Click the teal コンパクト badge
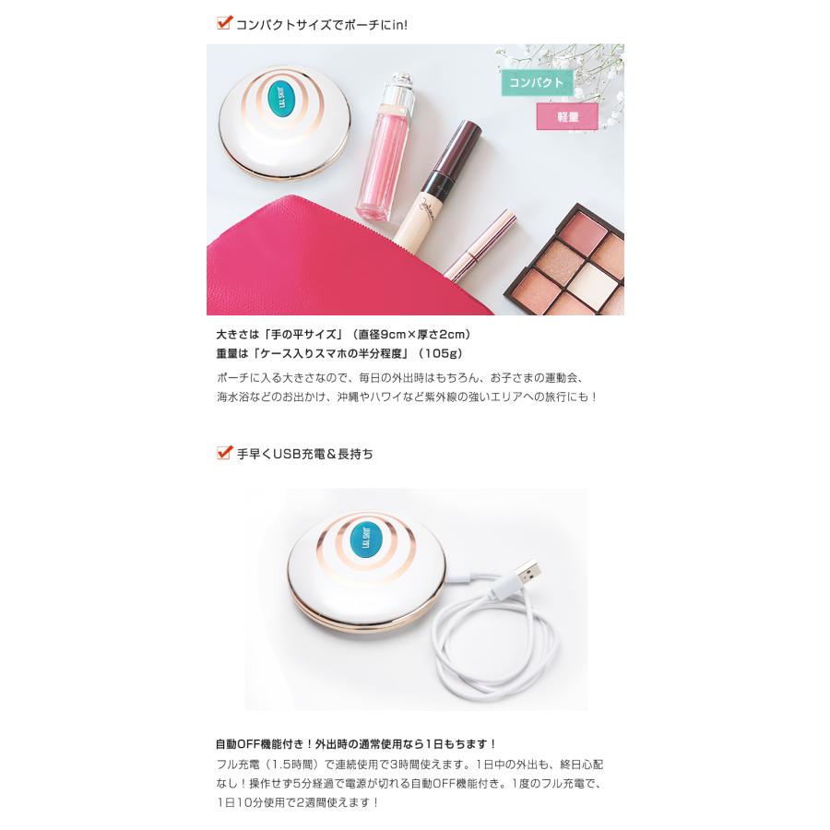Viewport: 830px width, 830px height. tap(537, 83)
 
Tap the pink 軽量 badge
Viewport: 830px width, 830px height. tap(567, 116)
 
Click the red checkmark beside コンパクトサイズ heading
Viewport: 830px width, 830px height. tap(223, 23)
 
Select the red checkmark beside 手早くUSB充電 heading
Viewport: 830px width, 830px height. tap(223, 452)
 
